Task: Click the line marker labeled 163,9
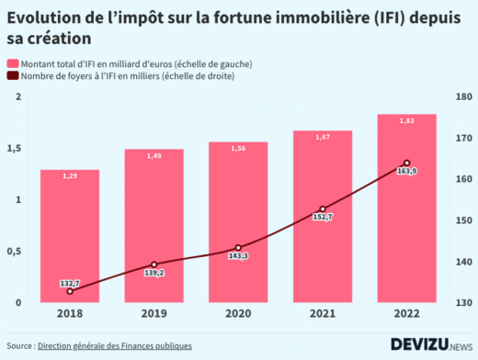(x=406, y=163)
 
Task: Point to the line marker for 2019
(x=154, y=264)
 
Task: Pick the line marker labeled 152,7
(x=323, y=209)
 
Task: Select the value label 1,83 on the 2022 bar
(x=406, y=120)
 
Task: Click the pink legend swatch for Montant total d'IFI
(x=13, y=62)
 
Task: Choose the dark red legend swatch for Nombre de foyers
(x=13, y=76)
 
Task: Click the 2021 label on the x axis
(x=323, y=314)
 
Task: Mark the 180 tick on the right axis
(x=462, y=96)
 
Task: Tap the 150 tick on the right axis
(x=462, y=220)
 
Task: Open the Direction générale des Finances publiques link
(x=114, y=346)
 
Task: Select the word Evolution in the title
(x=40, y=18)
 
